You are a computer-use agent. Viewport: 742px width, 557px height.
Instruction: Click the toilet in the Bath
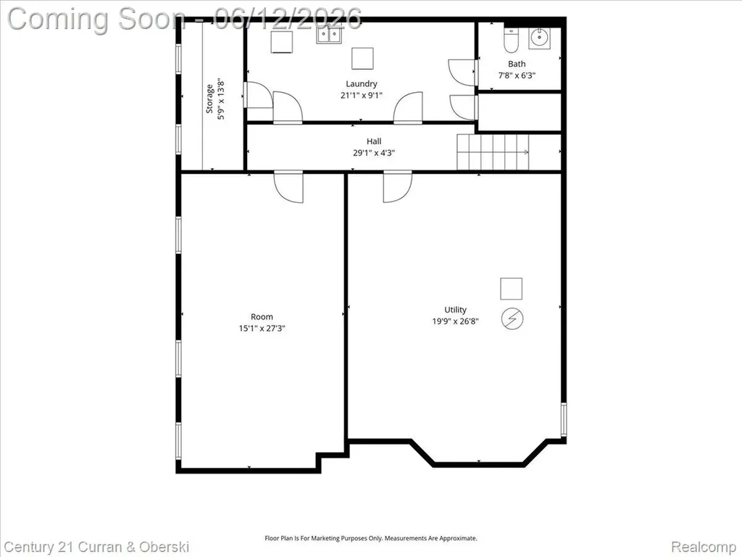511,40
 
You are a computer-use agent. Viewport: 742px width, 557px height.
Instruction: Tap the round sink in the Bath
538,37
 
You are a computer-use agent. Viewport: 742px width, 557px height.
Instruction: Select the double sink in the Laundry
330,35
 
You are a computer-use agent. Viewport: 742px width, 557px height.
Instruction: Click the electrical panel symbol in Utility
512,318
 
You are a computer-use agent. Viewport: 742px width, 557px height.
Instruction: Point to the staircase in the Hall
493,152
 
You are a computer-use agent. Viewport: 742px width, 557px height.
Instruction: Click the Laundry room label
361,84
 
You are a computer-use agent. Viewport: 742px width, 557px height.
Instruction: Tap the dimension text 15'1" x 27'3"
262,329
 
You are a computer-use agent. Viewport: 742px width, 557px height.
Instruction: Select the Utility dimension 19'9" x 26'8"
455,321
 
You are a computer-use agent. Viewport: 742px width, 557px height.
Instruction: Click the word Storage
209,99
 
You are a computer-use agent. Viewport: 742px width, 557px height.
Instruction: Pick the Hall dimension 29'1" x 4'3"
374,153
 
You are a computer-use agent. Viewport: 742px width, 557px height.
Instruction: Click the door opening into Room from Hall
288,186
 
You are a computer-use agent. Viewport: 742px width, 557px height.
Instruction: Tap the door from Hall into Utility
398,186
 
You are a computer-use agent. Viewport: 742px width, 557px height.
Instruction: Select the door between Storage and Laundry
258,95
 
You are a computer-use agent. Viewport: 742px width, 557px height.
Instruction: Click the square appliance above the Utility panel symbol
512,289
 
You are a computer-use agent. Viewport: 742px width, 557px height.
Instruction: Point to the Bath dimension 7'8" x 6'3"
517,75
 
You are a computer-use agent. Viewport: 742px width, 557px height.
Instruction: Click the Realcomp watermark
704,547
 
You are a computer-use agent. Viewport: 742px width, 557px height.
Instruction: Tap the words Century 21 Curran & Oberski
97,547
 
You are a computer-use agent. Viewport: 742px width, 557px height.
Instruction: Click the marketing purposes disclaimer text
370,538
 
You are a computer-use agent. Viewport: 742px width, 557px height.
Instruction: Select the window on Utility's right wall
563,419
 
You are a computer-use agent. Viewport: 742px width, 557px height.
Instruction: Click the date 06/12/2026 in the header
288,19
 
